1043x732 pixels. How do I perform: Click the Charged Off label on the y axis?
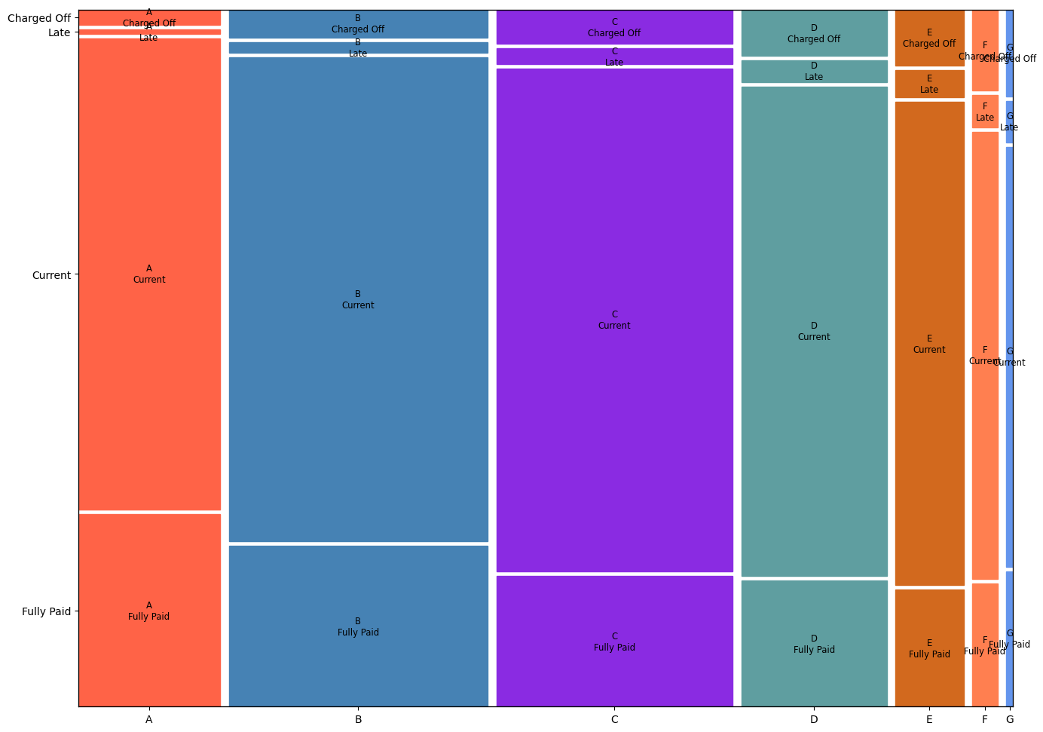pos(39,18)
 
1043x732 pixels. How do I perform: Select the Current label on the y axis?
pos(51,275)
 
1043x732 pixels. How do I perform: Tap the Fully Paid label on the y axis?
pos(46,611)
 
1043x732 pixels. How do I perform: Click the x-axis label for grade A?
pos(149,720)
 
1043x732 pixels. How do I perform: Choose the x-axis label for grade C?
pos(614,720)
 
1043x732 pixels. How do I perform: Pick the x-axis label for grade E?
pos(929,720)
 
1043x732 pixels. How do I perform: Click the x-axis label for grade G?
pos(1010,720)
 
